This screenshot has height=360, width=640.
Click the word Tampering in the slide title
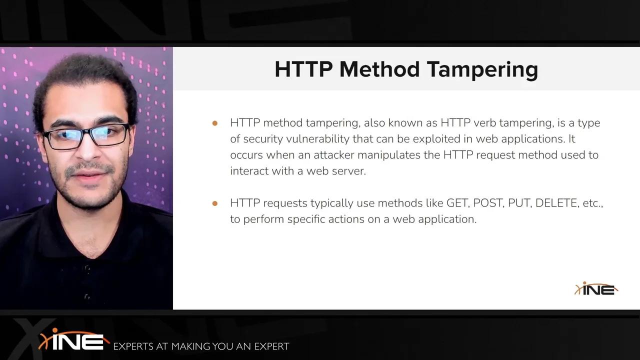(482, 69)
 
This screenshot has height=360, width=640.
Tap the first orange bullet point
(215, 123)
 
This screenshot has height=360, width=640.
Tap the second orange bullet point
(215, 203)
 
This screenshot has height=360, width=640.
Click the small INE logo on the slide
(596, 289)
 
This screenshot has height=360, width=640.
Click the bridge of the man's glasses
(86, 132)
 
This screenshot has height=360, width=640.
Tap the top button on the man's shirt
(87, 268)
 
